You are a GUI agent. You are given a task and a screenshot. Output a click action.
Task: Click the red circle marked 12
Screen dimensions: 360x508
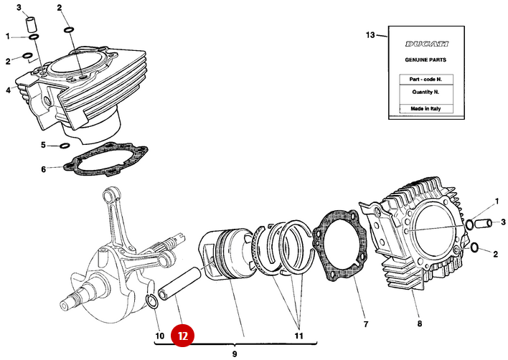click(183, 335)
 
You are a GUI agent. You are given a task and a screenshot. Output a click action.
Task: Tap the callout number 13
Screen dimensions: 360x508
click(370, 34)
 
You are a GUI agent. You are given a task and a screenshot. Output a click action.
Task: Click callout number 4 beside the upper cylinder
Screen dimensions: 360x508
click(9, 90)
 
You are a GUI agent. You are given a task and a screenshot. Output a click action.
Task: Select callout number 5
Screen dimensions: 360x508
click(43, 146)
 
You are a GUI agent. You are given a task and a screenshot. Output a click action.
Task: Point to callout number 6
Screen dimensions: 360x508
click(43, 169)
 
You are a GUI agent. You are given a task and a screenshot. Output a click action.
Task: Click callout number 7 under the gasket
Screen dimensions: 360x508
click(365, 325)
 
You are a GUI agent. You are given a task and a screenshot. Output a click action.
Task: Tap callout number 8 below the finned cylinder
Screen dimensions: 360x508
click(420, 325)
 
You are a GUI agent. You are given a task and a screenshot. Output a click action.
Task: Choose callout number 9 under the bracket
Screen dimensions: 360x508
click(235, 354)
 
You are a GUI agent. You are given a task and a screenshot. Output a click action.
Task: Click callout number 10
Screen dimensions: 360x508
click(159, 335)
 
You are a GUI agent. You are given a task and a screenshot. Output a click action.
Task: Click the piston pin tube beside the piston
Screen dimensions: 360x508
click(177, 285)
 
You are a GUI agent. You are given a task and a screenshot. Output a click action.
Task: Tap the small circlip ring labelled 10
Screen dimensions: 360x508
click(152, 300)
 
